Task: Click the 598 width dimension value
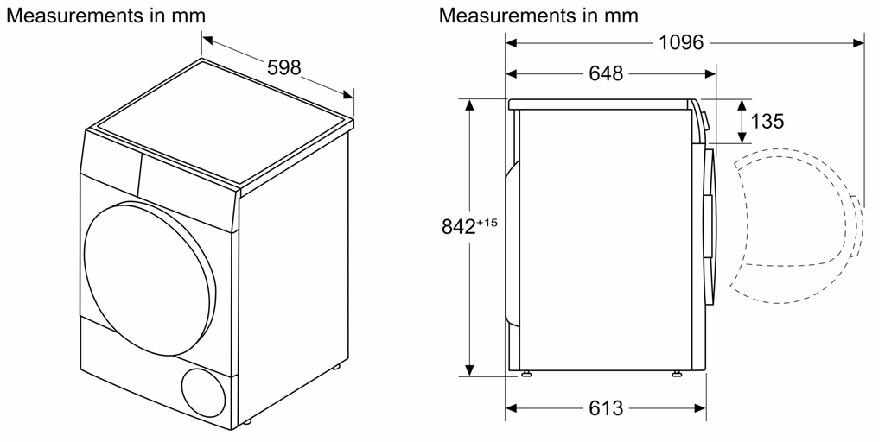click(x=283, y=67)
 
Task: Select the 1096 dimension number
click(x=681, y=42)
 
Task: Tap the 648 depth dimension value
click(x=606, y=73)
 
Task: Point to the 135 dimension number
click(x=767, y=121)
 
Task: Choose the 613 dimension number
click(x=606, y=407)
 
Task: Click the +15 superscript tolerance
click(x=488, y=223)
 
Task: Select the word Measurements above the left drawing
click(x=75, y=16)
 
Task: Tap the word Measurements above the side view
click(x=508, y=16)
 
